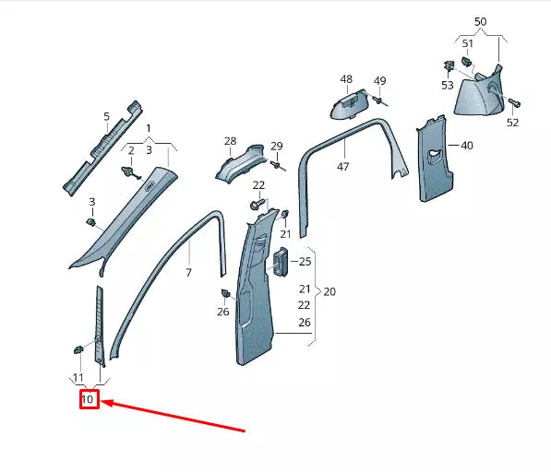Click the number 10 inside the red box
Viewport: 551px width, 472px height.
[89, 400]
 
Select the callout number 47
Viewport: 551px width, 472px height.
[342, 167]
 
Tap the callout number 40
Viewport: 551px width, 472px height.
[466, 146]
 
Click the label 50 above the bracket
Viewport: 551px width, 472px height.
[480, 21]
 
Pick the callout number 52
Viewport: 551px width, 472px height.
[512, 123]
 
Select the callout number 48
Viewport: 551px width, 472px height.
[346, 79]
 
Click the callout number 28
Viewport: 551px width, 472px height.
[230, 141]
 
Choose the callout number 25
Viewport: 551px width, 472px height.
[305, 262]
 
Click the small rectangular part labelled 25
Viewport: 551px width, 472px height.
[281, 263]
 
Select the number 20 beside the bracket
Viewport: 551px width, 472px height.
[329, 291]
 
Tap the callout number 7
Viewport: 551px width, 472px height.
[188, 274]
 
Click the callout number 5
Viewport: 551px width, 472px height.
[106, 116]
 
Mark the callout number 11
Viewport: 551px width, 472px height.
[78, 379]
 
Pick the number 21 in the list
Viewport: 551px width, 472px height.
[305, 289]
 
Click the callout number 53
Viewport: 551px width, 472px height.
[447, 85]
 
